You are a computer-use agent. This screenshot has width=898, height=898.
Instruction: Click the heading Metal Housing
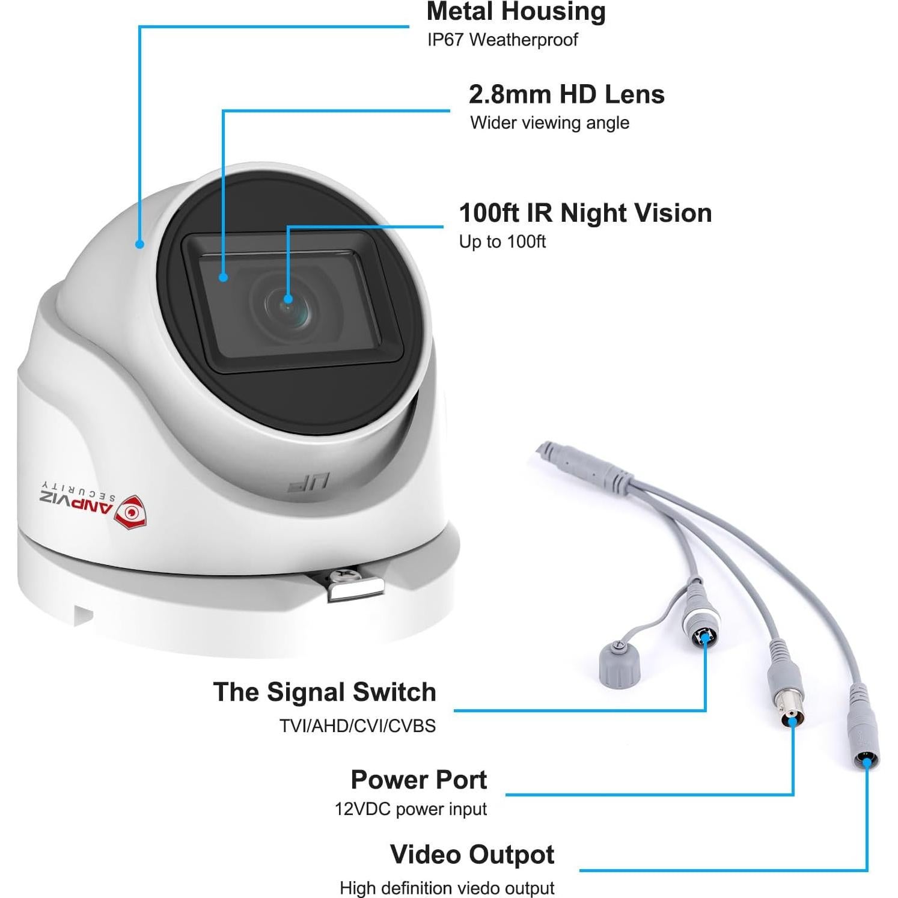tap(516, 12)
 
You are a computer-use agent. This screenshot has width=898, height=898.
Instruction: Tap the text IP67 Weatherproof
tap(502, 40)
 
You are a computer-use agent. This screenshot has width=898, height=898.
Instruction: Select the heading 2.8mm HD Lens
tap(566, 94)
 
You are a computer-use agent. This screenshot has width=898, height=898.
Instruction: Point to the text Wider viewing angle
tap(549, 123)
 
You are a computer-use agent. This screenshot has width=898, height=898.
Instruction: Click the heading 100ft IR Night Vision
tap(585, 213)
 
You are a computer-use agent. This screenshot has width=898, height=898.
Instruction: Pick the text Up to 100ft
tap(502, 242)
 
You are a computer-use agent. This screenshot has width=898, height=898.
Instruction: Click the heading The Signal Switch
tap(325, 692)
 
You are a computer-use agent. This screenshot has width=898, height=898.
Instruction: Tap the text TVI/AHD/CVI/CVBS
tap(357, 725)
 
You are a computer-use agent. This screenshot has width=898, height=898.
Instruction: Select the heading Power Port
tap(418, 780)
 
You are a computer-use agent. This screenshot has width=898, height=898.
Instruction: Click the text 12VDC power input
tap(411, 809)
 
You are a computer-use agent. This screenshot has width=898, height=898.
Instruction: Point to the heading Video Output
tap(472, 855)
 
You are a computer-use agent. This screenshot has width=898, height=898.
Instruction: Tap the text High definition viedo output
tap(447, 888)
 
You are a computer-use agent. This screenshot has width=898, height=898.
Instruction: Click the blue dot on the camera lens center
tap(288, 299)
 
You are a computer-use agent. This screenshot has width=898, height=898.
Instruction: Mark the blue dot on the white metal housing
tap(139, 244)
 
